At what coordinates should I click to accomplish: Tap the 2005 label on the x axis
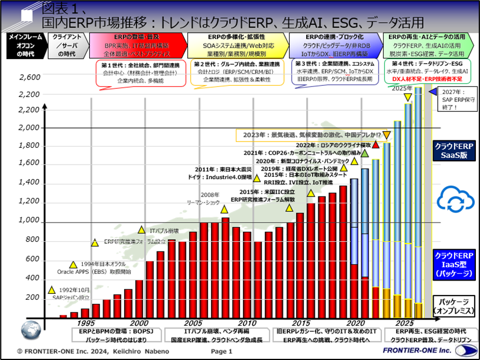pyautogui.click(x=193, y=322)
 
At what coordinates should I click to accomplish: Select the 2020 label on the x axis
pyautogui.click(x=354, y=322)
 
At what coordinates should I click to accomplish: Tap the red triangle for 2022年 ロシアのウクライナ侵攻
pyautogui.click(x=376, y=144)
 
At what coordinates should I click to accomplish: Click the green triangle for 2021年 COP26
pyautogui.click(x=365, y=153)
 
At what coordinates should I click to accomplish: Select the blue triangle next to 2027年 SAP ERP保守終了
pyautogui.click(x=432, y=92)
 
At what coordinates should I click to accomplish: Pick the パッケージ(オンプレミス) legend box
pyautogui.click(x=455, y=307)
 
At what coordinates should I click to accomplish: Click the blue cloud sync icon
pyautogui.click(x=455, y=200)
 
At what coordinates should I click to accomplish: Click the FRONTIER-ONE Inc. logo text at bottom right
pyautogui.click(x=409, y=351)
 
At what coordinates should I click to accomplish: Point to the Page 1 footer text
pyautogui.click(x=221, y=351)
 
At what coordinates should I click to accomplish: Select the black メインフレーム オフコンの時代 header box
pyautogui.click(x=25, y=45)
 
